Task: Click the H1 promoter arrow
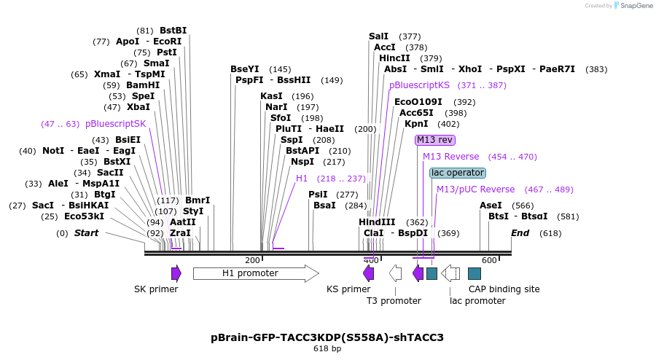click(x=256, y=273)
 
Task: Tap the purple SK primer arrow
click(x=176, y=273)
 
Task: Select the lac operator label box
click(x=457, y=173)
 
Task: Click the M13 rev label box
click(x=435, y=140)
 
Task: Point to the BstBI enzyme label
click(x=173, y=31)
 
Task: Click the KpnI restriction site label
click(x=416, y=124)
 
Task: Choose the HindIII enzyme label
click(x=377, y=222)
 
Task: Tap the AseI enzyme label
click(x=491, y=206)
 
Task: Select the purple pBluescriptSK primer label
click(x=115, y=124)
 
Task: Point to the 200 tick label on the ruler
click(x=252, y=260)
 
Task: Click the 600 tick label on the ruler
click(x=488, y=260)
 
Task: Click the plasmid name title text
click(x=327, y=337)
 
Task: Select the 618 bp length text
click(x=327, y=349)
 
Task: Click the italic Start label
click(x=86, y=233)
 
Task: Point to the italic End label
click(x=520, y=233)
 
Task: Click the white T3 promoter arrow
click(x=395, y=273)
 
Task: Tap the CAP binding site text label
click(x=504, y=289)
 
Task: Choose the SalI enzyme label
click(x=379, y=36)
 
